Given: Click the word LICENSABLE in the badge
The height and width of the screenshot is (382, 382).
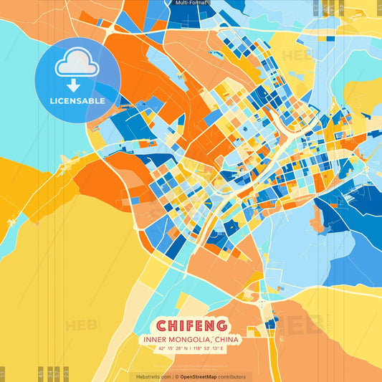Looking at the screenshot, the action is pyautogui.click(x=77, y=101).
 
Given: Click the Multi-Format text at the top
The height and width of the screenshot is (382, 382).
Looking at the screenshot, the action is pyautogui.click(x=191, y=3).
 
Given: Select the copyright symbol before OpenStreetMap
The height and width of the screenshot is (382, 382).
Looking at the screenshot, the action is pyautogui.click(x=176, y=376).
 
